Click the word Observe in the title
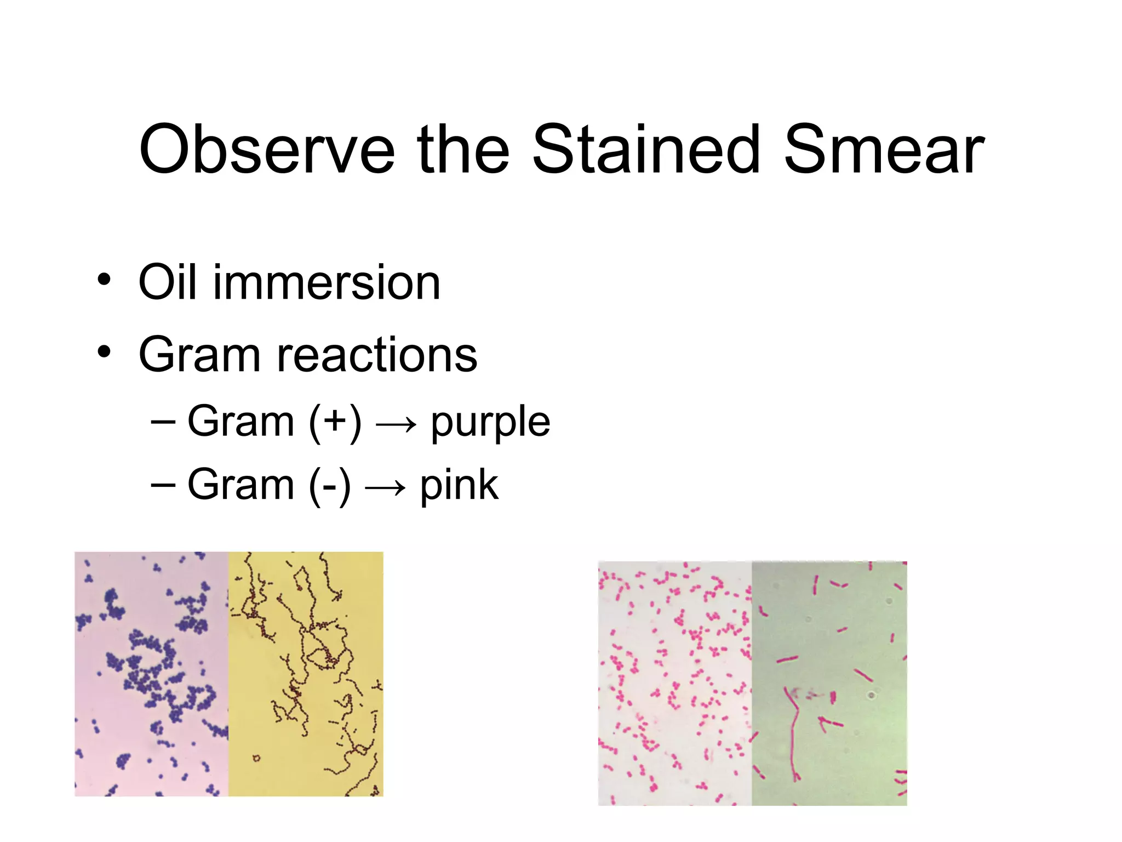click(x=267, y=150)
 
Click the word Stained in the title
click(x=646, y=150)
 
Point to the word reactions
click(x=377, y=355)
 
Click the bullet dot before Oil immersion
click(x=104, y=280)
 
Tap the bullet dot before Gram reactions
click(x=104, y=351)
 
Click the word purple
click(x=490, y=423)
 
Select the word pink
click(x=459, y=486)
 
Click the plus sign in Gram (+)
click(x=335, y=422)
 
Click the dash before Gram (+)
click(x=163, y=422)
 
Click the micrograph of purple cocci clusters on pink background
click(x=151, y=674)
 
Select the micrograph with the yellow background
click(x=306, y=674)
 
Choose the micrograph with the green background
click(x=829, y=683)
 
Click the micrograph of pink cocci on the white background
click(x=674, y=683)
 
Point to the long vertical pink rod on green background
click(x=793, y=735)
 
